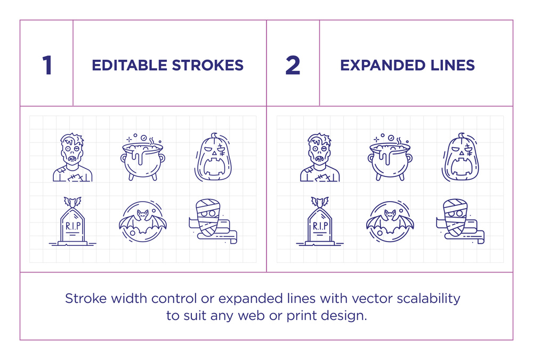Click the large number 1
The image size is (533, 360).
[x=47, y=65]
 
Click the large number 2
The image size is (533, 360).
[x=293, y=65]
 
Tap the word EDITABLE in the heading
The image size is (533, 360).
[x=130, y=65]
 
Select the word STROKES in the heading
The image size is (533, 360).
[x=208, y=65]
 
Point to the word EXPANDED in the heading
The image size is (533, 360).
[x=383, y=65]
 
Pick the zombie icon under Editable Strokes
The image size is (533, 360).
[x=72, y=157]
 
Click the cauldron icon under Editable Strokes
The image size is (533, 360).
[x=143, y=157]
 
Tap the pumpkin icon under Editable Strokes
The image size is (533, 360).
[x=214, y=157]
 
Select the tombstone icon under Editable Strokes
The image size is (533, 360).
[x=72, y=221]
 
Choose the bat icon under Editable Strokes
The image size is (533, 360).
[x=143, y=221]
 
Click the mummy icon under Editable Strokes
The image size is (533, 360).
[x=213, y=221]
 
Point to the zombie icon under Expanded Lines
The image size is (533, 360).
[x=319, y=157]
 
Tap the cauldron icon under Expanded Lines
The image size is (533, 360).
[x=390, y=157]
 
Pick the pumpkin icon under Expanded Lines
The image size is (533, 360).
[x=461, y=157]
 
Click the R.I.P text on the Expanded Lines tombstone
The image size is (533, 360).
[x=320, y=226]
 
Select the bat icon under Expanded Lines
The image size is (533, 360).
[x=390, y=221]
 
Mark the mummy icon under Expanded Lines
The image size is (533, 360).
[x=460, y=221]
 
